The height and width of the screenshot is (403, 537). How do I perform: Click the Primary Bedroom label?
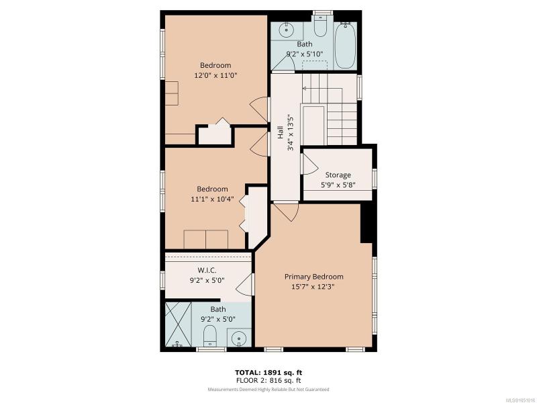click(x=313, y=277)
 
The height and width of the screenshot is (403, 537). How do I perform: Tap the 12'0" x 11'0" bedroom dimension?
click(x=215, y=75)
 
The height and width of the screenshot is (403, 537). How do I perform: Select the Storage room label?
click(x=338, y=175)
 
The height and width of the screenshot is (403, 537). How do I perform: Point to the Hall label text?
click(x=280, y=132)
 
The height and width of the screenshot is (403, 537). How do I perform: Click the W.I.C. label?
click(x=207, y=270)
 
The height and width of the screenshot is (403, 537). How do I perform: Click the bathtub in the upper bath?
click(x=346, y=45)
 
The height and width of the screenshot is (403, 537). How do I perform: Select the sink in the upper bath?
click(x=286, y=30)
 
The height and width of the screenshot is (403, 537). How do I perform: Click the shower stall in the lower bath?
click(x=178, y=324)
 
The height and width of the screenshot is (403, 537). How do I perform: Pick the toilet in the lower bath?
click(x=209, y=337)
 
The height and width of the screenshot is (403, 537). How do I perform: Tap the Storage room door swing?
click(x=309, y=164)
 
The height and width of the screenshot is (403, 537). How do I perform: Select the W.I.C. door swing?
click(x=245, y=285)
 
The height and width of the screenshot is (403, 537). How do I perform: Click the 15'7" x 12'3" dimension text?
click(x=313, y=287)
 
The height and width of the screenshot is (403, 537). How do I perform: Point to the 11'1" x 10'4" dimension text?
click(x=212, y=199)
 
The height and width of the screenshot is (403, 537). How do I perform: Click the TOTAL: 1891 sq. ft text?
click(x=268, y=373)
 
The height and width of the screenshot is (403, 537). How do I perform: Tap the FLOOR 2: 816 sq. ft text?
click(x=268, y=380)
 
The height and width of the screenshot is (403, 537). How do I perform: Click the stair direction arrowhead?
click(x=305, y=89)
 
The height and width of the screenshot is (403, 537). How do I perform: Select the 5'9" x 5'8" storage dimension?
click(x=338, y=185)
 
